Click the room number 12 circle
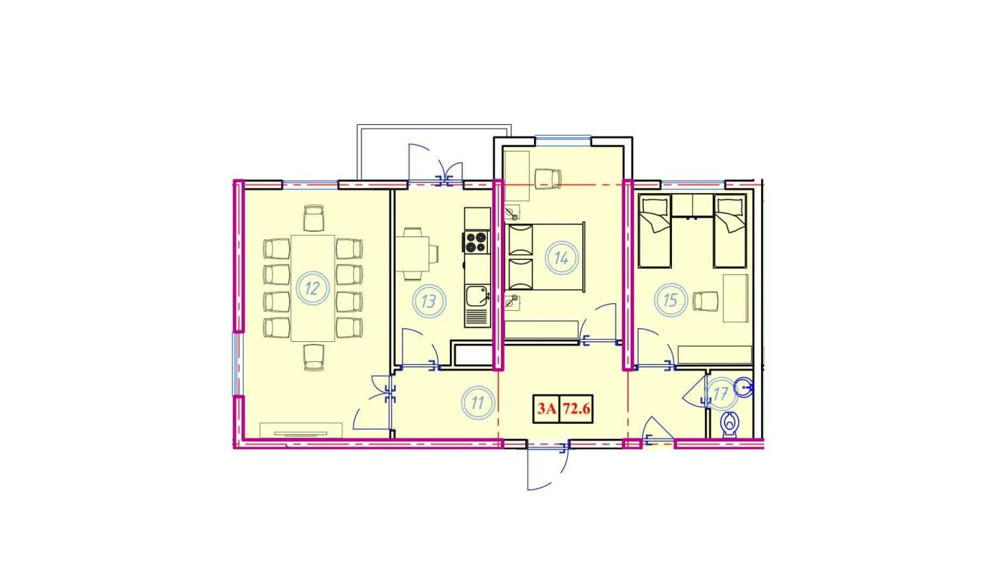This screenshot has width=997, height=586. pyautogui.click(x=313, y=288)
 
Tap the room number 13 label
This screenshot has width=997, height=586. pyautogui.click(x=428, y=301)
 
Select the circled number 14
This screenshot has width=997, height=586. pyautogui.click(x=562, y=258)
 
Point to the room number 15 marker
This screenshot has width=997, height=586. pyautogui.click(x=671, y=301)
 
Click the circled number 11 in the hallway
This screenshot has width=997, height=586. pyautogui.click(x=477, y=403)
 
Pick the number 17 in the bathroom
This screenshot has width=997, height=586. pyautogui.click(x=720, y=394)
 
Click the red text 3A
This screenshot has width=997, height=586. pyautogui.click(x=546, y=409)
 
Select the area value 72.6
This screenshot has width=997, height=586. pyautogui.click(x=576, y=409)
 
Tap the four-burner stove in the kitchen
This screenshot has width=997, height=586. pyautogui.click(x=476, y=242)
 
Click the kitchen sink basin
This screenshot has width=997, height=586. pyautogui.click(x=477, y=296)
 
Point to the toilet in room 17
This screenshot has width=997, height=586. pyautogui.click(x=730, y=425)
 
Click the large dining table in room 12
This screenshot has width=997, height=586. pyautogui.click(x=313, y=288)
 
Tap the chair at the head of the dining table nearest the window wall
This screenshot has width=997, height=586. pyautogui.click(x=314, y=218)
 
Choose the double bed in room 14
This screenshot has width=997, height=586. pyautogui.click(x=544, y=258)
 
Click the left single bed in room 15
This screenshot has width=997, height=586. pyautogui.click(x=654, y=231)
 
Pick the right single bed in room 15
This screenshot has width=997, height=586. pyautogui.click(x=730, y=231)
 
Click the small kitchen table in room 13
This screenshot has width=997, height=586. pyautogui.click(x=413, y=254)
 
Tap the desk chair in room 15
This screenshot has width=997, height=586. pyautogui.click(x=706, y=301)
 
